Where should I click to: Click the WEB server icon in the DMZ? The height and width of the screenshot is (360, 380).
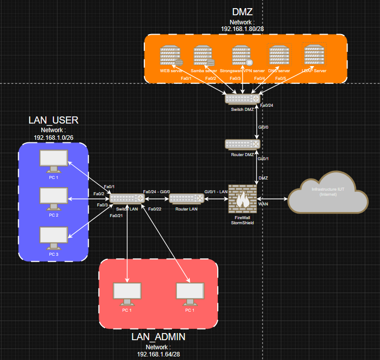tap(170, 55)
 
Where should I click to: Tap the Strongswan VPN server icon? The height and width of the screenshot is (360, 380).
tap(242, 55)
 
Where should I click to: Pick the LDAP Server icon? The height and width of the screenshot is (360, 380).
tap(313, 54)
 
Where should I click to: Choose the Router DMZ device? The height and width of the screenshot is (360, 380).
tap(243, 144)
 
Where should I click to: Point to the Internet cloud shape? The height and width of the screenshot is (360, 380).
tap(328, 196)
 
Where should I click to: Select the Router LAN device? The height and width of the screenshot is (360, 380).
tap(186, 198)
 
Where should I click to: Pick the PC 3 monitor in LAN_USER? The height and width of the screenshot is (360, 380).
tap(53, 236)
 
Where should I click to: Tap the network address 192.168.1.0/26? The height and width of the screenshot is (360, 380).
tap(53, 137)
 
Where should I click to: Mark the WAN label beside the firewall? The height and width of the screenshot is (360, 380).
tap(264, 203)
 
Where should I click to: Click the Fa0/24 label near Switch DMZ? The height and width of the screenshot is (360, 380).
tap(267, 105)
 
